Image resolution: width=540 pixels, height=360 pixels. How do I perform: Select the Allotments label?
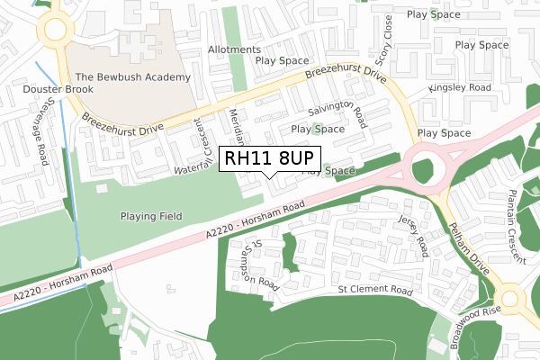pos(234,49)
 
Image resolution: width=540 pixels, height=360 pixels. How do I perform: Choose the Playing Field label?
pos(151,216)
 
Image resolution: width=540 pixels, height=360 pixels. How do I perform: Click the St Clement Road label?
pos(374,292)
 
